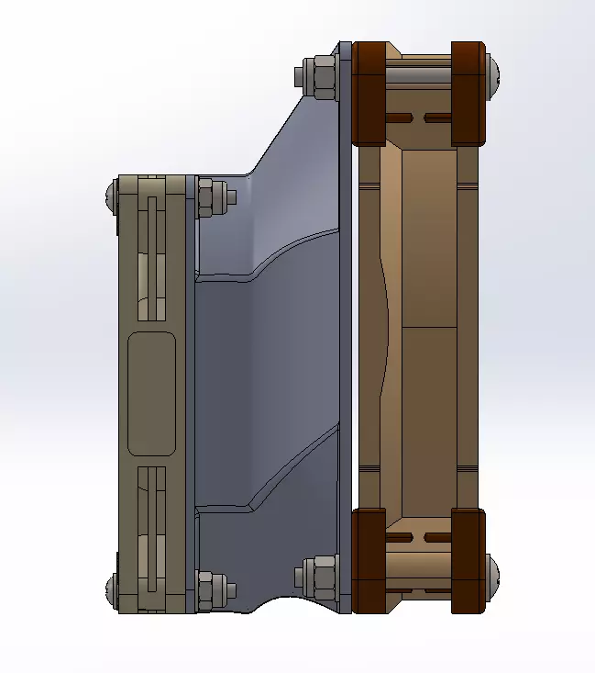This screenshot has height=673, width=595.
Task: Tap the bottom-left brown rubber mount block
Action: pos(369,560)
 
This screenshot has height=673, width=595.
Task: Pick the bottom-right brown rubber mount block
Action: pos(468,560)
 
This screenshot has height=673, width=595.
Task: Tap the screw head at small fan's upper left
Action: pos(111,194)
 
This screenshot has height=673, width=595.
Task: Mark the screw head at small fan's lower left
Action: pos(111,589)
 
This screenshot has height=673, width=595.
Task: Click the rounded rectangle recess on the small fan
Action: pos(151,393)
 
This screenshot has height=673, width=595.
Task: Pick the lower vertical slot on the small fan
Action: pos(151,528)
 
